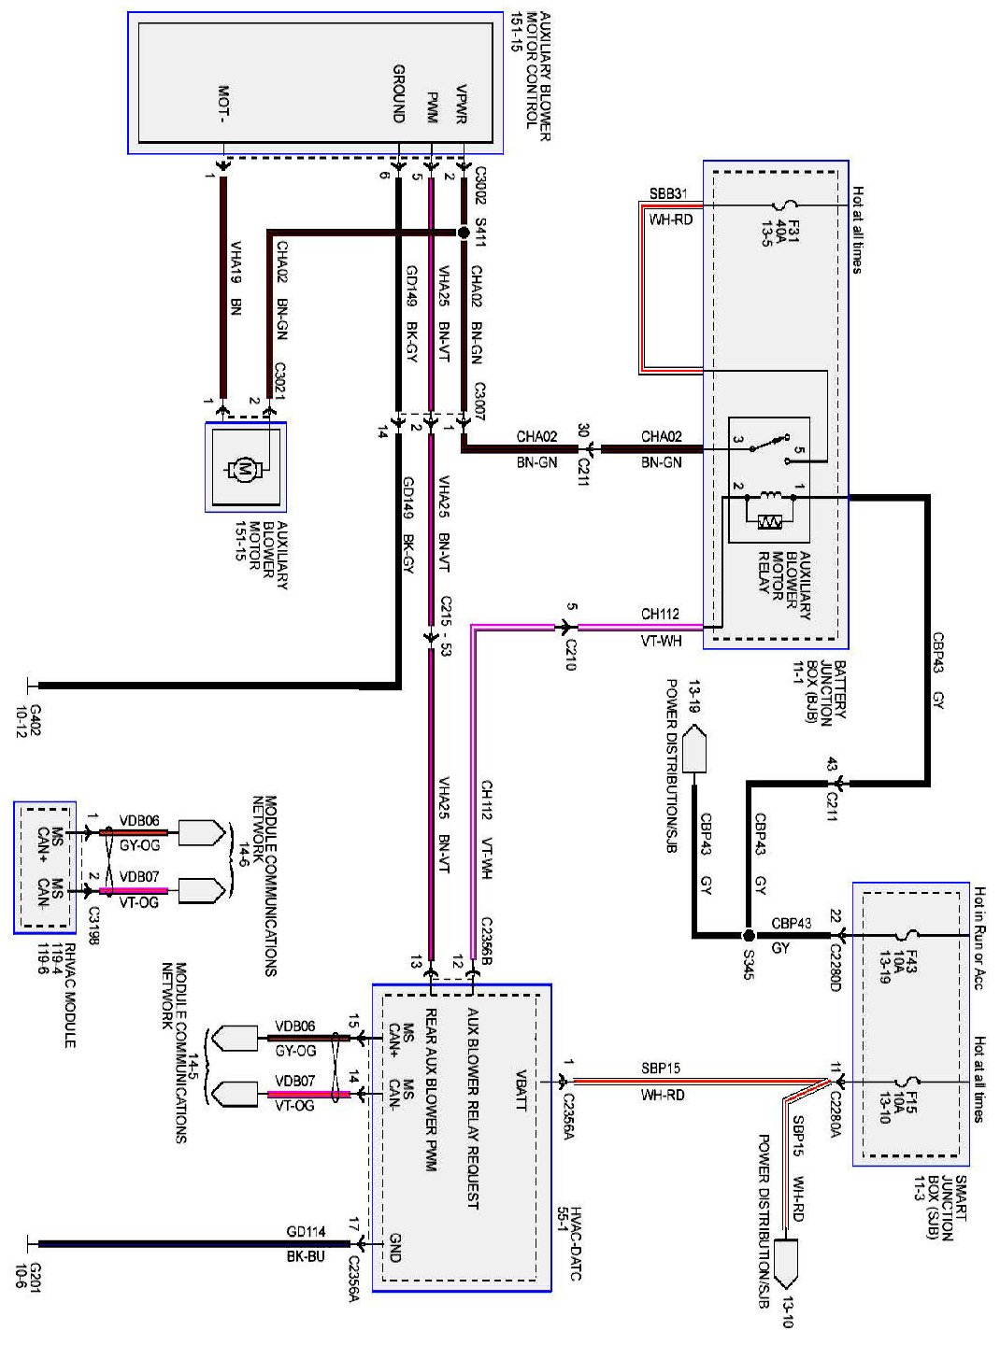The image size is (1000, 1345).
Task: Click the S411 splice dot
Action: coord(463,233)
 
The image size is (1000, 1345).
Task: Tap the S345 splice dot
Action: coord(749,935)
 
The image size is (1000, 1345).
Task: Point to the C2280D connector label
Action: coord(835,962)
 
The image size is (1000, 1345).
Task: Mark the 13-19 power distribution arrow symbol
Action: coord(694,750)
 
